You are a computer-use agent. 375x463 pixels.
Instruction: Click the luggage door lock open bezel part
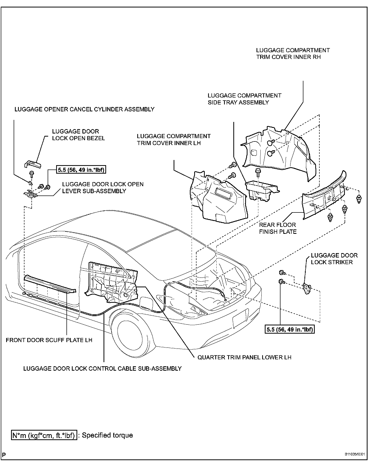click(x=33, y=164)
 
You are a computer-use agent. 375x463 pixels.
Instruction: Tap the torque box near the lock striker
click(x=289, y=330)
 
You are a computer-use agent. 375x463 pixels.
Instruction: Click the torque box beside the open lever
click(x=81, y=170)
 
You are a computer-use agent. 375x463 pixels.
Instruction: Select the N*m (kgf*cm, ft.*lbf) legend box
click(x=44, y=435)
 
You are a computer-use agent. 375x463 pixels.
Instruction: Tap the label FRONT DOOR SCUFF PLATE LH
click(x=49, y=340)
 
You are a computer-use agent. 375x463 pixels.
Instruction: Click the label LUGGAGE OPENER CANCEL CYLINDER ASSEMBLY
click(x=84, y=109)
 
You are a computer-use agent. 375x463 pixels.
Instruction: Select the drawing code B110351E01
click(x=355, y=454)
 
